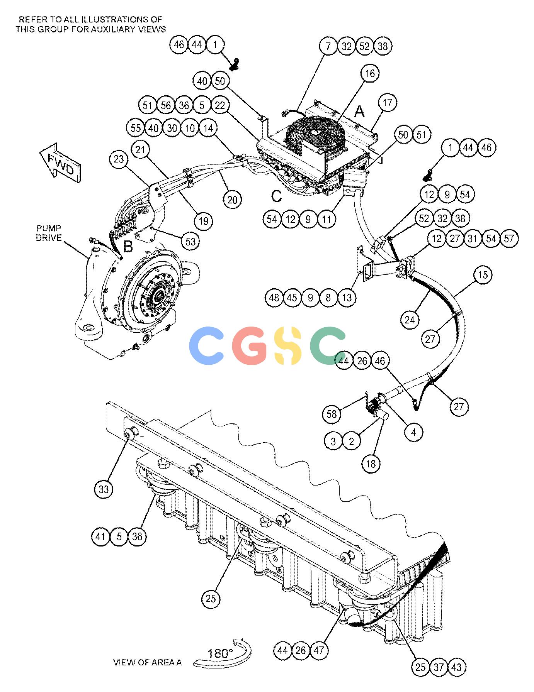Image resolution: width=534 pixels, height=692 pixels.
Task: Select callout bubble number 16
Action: (x=370, y=73)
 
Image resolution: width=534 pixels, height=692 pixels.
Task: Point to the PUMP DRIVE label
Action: (x=49, y=233)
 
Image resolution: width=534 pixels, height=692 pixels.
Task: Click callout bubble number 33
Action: (x=104, y=489)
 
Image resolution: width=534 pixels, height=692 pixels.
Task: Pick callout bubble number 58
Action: (x=332, y=414)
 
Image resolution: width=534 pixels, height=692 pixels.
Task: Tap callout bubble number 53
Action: (x=190, y=241)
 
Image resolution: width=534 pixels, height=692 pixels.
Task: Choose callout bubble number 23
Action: (x=119, y=159)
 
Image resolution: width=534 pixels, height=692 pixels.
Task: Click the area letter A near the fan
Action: (x=359, y=112)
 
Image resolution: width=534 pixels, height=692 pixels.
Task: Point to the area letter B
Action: (x=128, y=246)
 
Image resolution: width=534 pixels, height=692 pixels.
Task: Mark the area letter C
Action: (x=277, y=196)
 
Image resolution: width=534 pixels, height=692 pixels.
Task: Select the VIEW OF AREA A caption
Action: (x=147, y=662)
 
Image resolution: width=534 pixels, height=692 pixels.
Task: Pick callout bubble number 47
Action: (x=318, y=650)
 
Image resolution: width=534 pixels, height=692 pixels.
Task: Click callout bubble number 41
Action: (x=101, y=536)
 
